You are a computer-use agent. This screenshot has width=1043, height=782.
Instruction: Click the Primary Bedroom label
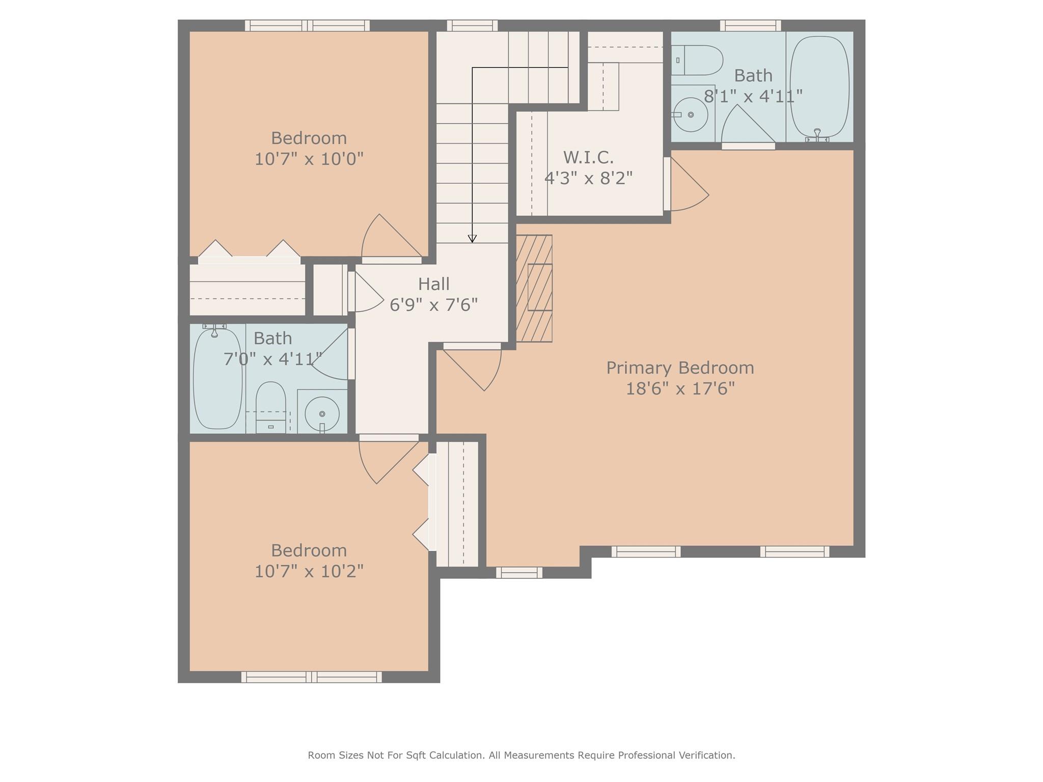click(x=680, y=368)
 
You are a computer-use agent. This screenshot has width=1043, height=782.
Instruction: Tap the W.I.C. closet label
click(x=588, y=157)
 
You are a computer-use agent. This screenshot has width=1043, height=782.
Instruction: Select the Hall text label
click(x=434, y=284)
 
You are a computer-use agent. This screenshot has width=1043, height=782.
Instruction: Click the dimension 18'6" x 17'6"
click(x=680, y=389)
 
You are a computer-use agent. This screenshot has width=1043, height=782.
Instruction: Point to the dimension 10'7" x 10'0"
click(x=309, y=159)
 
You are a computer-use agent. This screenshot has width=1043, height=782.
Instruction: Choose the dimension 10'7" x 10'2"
click(x=309, y=571)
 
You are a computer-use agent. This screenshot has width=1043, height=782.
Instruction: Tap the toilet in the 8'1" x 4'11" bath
click(x=697, y=60)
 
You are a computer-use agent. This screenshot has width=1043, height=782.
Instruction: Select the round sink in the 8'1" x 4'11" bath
click(x=691, y=115)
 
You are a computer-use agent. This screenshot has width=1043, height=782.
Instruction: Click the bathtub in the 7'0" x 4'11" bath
click(x=217, y=379)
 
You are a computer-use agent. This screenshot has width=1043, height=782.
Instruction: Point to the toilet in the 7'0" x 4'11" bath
click(x=270, y=407)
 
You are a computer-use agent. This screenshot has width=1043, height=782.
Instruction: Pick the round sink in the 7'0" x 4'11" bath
click(x=322, y=414)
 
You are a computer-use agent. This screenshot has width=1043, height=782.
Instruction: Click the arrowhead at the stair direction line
click(x=472, y=239)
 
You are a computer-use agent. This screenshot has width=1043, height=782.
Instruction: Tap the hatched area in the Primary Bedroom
click(x=534, y=288)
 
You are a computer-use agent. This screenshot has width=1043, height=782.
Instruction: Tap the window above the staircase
click(x=472, y=25)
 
